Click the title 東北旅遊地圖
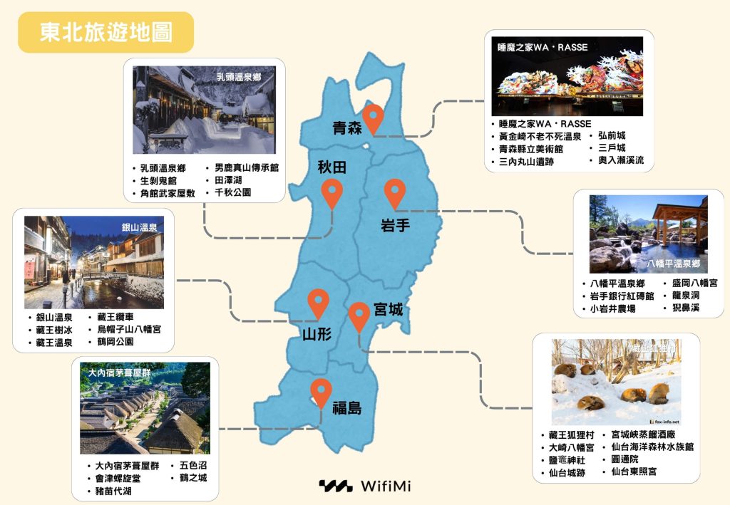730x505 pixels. click(106, 32)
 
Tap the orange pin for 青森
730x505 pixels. click(373, 116)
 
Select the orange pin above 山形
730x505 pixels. click(318, 303)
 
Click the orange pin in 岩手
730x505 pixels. click(394, 192)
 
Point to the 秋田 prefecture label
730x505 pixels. click(332, 167)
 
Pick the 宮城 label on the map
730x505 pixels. click(388, 310)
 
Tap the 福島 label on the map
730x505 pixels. click(346, 408)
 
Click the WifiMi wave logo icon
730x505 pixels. click(335, 486)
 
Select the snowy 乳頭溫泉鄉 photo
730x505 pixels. click(204, 110)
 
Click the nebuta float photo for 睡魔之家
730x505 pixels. click(567, 76)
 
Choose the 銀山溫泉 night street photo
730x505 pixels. click(94, 262)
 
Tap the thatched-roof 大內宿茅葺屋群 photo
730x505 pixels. click(145, 408)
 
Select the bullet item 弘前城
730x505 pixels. click(611, 135)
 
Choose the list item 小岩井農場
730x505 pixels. click(612, 309)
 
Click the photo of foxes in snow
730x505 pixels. click(616, 382)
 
